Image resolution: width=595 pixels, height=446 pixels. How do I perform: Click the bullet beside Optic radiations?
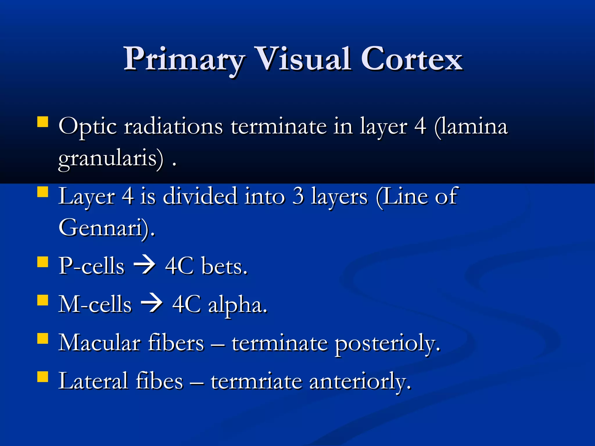tap(43, 122)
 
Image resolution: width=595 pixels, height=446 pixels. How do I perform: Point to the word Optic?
tap(87, 127)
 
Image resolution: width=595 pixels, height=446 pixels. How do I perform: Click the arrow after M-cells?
tap(152, 304)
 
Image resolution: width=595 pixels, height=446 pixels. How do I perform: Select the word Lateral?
tap(93, 381)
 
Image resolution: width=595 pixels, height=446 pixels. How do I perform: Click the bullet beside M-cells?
tap(43, 301)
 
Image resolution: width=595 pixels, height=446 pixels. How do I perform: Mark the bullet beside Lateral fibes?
tap(43, 377)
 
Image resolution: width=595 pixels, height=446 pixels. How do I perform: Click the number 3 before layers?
tap(298, 196)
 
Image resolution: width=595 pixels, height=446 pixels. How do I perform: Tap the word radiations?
tap(173, 127)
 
